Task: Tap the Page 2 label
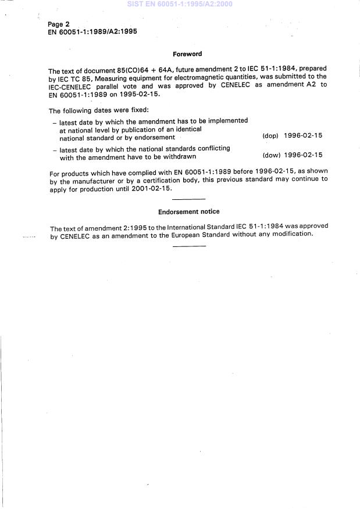pyautogui.click(x=59, y=25)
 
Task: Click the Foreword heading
pyautogui.click(x=187, y=54)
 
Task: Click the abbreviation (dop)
pyautogui.click(x=270, y=136)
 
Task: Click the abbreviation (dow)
pyautogui.click(x=271, y=156)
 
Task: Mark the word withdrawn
pyautogui.click(x=179, y=156)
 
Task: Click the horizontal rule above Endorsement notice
pyautogui.click(x=189, y=199)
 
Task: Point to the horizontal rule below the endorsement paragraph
pyautogui.click(x=189, y=246)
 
